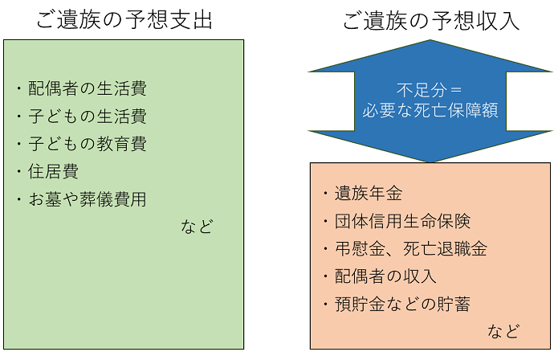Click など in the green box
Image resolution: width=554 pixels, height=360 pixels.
(197, 227)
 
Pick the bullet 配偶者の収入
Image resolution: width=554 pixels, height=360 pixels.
(385, 276)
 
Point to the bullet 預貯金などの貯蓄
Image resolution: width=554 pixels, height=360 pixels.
(401, 304)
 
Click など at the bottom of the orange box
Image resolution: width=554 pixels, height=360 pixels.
(503, 331)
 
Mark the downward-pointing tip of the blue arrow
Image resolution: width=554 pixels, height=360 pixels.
(430, 159)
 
